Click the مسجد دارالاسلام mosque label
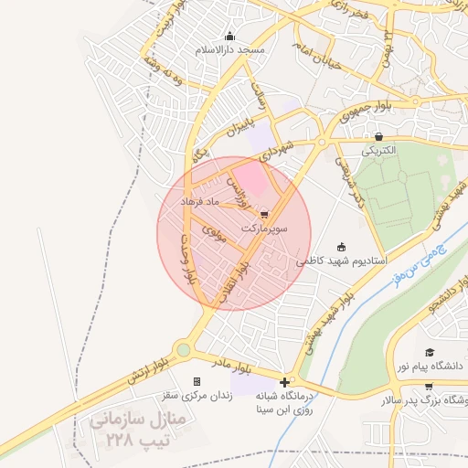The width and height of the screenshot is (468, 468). point(229,49)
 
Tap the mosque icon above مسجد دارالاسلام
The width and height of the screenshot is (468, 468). point(229,37)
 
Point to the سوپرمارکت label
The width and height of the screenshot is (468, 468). point(265,227)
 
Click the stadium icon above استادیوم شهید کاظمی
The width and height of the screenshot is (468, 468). point(342,246)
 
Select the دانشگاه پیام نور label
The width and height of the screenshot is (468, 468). point(429,365)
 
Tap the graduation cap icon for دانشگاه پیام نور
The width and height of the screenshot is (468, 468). point(429,353)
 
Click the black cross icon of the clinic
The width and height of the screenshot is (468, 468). point(286,382)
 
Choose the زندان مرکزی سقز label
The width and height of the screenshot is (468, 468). point(197,395)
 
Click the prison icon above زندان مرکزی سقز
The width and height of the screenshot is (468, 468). point(197,382)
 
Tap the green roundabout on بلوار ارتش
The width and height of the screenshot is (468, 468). point(184,349)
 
